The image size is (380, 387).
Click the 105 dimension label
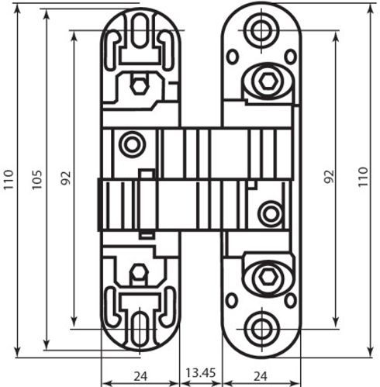pos(35,180)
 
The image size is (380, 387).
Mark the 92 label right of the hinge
pos(329,180)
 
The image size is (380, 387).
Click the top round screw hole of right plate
pos(260,29)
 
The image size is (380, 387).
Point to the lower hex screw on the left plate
pos(140,273)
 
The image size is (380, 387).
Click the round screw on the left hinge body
pos(132,143)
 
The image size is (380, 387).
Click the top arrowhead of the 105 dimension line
pos(47,15)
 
